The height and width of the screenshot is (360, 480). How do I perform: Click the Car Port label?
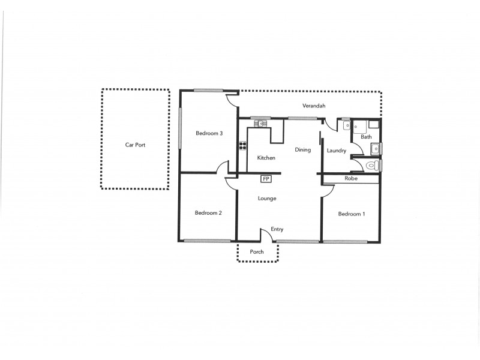(x=135, y=145)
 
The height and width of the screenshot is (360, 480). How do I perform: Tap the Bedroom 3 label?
(x=209, y=133)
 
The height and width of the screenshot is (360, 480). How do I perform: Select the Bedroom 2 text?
(x=208, y=213)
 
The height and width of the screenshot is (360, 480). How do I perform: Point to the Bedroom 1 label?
(x=351, y=214)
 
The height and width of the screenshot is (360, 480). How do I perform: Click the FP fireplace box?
(x=266, y=179)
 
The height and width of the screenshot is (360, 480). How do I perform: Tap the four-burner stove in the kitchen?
(x=243, y=145)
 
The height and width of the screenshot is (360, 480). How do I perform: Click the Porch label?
(x=257, y=252)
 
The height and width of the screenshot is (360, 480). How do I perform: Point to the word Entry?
(x=277, y=229)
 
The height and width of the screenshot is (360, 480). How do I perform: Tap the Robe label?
(x=350, y=179)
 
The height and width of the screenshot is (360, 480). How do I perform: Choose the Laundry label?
(x=336, y=151)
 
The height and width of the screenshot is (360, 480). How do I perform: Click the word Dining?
(x=302, y=150)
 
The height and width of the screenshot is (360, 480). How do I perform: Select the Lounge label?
(x=266, y=199)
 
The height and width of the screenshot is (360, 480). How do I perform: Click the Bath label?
(x=365, y=137)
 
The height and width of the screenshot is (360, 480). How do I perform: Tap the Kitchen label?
(x=266, y=158)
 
